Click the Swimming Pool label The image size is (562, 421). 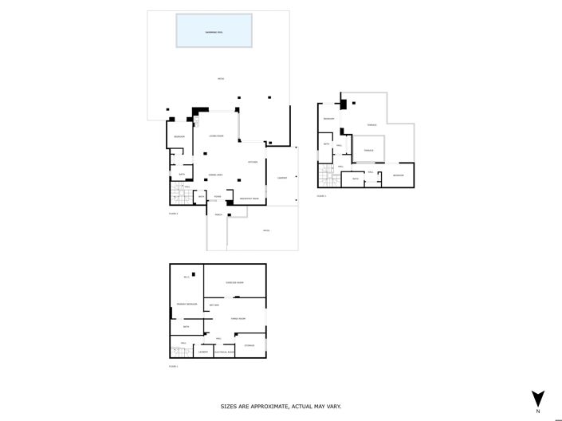coord(214,32)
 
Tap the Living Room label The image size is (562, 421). coord(216,136)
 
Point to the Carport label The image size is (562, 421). coord(281,178)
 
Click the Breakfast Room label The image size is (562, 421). coord(250,198)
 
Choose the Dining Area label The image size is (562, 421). coord(215,174)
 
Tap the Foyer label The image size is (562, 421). coord(218,197)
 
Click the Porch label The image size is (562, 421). coord(218,214)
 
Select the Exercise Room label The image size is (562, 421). coord(234,282)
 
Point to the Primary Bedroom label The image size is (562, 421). coord(187,304)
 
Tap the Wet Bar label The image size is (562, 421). coord(214,305)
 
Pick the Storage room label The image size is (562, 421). coord(250,345)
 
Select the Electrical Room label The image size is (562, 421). coord(224,352)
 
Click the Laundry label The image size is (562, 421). coord(203,352)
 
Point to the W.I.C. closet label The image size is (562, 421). coord(187,277)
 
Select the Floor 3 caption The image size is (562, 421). coord(320,195)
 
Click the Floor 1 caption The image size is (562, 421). coord(173,366)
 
